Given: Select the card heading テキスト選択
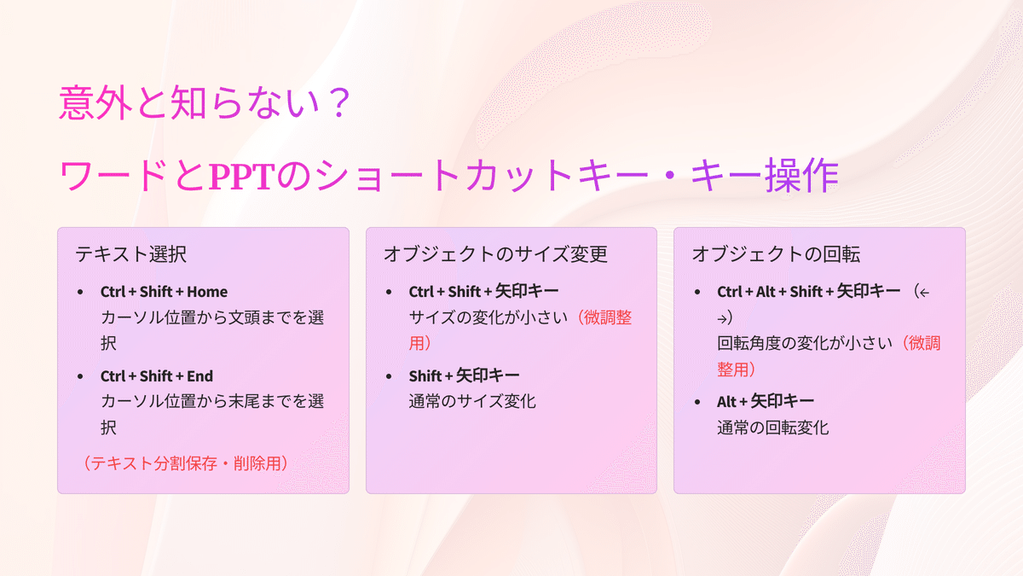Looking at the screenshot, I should point(130,254).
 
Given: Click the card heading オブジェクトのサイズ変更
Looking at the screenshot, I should point(495,254).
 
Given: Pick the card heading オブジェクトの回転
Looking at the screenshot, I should point(776,254).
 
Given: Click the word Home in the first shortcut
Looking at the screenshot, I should point(207,292).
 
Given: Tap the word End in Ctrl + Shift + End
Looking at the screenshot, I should point(200,376).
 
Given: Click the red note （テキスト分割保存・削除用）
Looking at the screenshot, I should point(186,463).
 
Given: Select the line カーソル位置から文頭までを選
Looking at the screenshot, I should point(212,317).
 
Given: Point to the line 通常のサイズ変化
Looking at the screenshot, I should point(472,401).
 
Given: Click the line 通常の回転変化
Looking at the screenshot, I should point(772,428).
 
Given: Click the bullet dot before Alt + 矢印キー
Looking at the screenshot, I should point(697,402).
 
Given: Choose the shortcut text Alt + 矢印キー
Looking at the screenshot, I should point(766,402).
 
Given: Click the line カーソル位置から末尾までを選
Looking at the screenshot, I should point(212,401).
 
